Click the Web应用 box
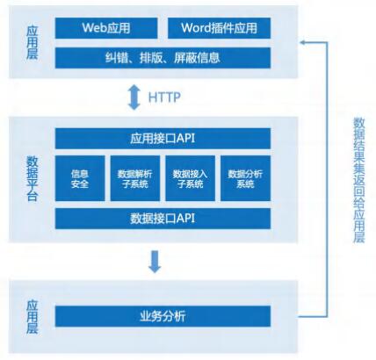point(106,28)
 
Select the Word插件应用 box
point(219,28)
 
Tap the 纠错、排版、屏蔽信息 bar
point(163,58)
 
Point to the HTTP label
point(164,97)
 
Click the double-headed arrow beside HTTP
point(134,97)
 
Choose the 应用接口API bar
point(163,139)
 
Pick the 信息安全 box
point(80,178)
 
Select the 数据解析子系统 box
point(135,178)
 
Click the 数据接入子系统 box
point(191,178)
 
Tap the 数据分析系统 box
point(245,178)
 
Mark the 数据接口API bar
point(163,219)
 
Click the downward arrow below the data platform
point(155,262)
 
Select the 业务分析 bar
point(163,316)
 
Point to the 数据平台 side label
point(33,179)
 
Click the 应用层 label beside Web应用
point(33,43)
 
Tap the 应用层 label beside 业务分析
point(33,317)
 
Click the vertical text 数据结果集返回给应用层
point(359,180)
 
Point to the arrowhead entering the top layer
point(301,42)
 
